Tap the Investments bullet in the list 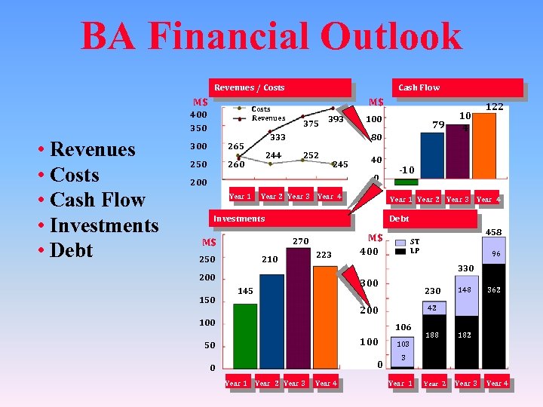point(104,225)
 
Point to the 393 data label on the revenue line point(336,119)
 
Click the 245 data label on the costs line point(340,164)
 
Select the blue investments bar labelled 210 point(271,320)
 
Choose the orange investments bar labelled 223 point(325,317)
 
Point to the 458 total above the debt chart point(495,233)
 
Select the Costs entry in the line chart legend point(261,109)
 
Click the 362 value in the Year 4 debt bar point(494,289)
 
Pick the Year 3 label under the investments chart point(294,383)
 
